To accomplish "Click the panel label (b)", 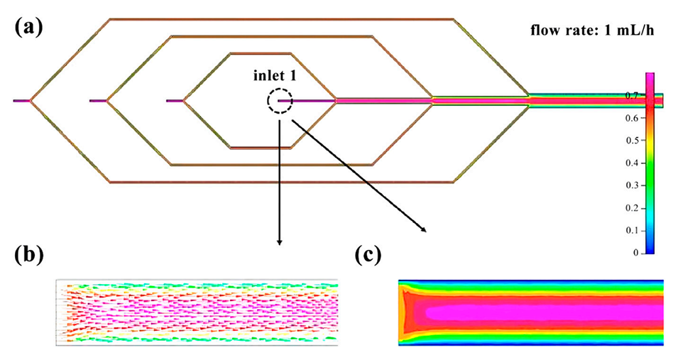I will point(26,255).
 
